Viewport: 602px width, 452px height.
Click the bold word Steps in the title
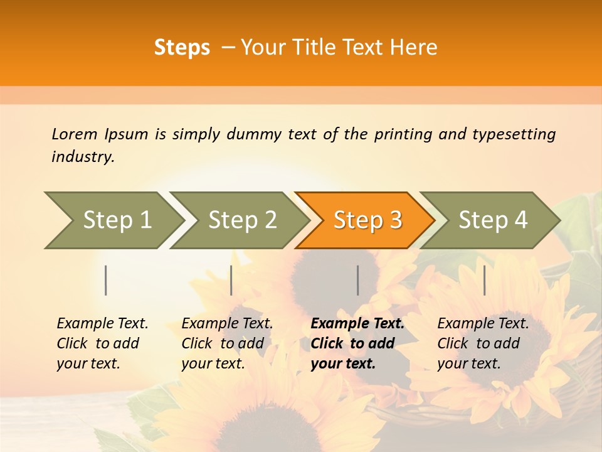coord(182,48)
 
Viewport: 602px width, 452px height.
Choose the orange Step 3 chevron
coord(367,220)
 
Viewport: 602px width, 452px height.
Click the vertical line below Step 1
coord(106,280)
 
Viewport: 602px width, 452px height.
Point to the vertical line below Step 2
coord(231,280)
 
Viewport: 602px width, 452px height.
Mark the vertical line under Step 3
coord(358,280)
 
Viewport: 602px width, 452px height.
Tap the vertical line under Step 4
coord(484,280)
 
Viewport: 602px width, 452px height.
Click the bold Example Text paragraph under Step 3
coord(357,343)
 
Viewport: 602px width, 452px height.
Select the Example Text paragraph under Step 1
coord(102,343)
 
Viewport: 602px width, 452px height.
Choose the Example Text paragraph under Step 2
coord(227,343)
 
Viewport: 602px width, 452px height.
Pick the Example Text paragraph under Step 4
coord(483,343)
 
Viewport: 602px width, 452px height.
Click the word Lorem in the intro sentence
coord(75,134)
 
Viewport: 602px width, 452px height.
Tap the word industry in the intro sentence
coord(82,157)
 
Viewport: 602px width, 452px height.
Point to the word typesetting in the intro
coord(514,134)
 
